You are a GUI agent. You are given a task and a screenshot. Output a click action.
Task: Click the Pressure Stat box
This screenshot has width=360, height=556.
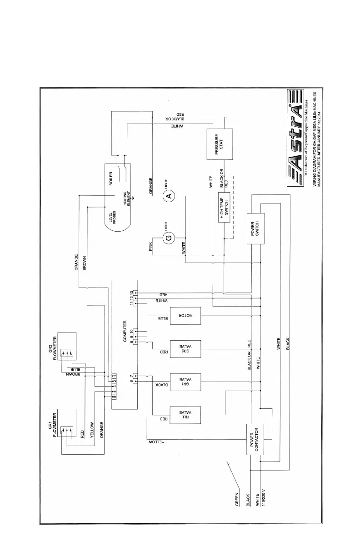pos(219,144)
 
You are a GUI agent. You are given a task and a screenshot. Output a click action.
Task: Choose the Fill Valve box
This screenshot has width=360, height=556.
pos(185,414)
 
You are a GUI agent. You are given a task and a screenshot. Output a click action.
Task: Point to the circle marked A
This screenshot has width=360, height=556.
pos(169,196)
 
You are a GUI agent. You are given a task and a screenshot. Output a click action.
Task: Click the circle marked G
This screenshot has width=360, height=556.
pos(169,238)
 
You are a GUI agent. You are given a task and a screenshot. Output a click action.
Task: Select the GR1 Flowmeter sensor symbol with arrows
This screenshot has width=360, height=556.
pos(67,429)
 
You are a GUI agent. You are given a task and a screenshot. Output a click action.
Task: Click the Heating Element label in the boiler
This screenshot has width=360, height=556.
pos(127,199)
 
